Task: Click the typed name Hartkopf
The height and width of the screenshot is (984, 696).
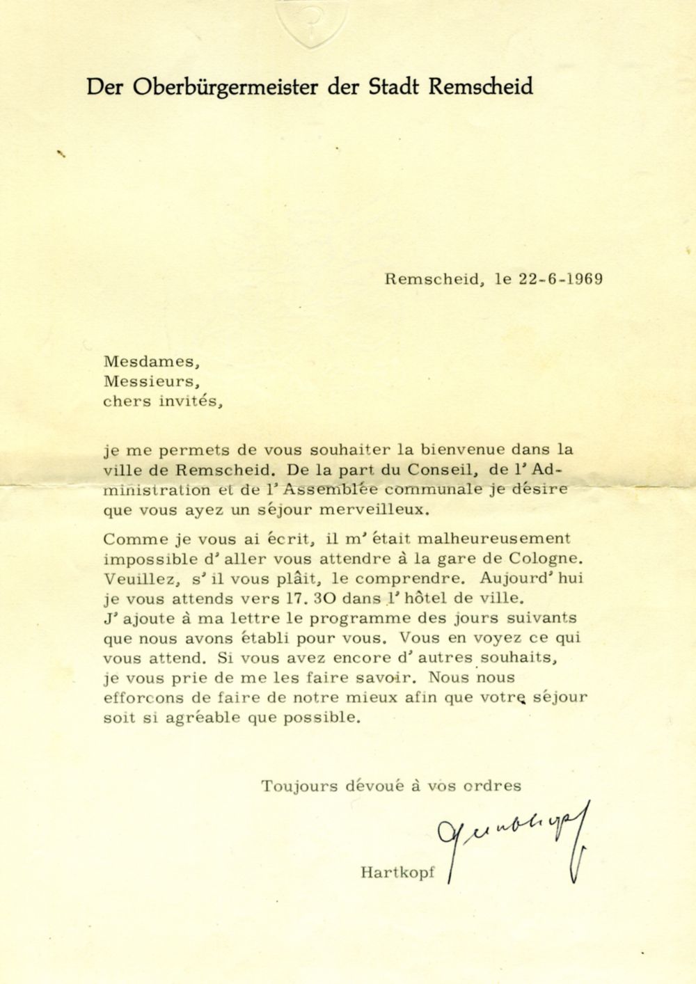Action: (397, 872)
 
